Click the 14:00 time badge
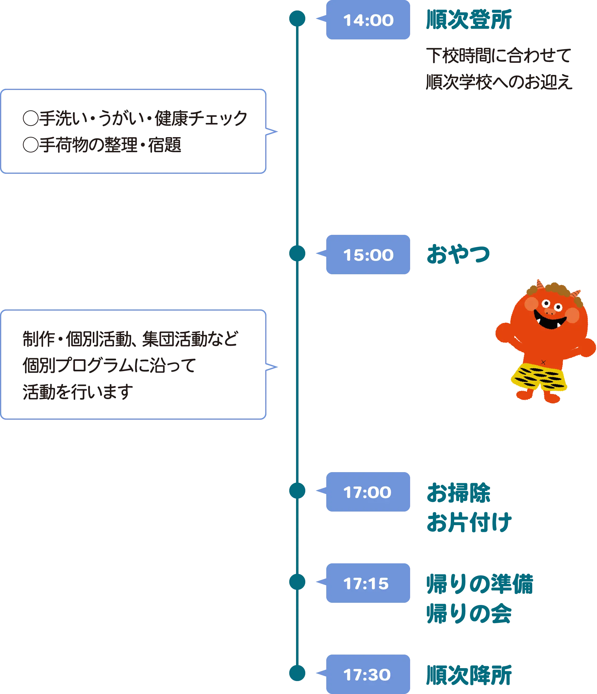tap(368, 20)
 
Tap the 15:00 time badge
tap(368, 255)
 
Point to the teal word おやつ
tap(458, 255)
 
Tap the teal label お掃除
tap(458, 492)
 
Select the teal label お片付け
tap(469, 522)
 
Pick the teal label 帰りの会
tap(469, 613)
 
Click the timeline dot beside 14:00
tap(297, 18)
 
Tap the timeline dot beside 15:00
tap(297, 253)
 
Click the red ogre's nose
tap(550, 312)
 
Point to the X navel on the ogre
tap(543, 362)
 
